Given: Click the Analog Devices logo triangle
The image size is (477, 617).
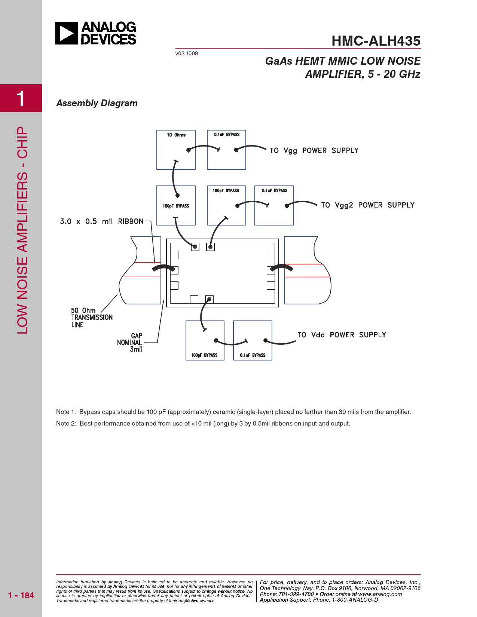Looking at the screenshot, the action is (66, 33).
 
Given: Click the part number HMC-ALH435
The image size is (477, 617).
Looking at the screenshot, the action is (376, 41).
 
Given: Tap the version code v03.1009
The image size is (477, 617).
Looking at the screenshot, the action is (186, 53).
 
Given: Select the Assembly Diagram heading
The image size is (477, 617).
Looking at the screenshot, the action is (97, 103).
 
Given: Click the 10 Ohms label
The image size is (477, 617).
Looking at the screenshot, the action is (176, 135).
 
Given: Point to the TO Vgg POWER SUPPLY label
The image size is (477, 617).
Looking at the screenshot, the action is (314, 150).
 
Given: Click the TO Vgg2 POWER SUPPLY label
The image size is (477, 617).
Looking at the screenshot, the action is (368, 205).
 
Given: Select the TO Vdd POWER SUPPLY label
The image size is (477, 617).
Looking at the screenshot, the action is (342, 335).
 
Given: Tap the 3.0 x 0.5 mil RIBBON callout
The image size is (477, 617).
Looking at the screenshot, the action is (102, 221).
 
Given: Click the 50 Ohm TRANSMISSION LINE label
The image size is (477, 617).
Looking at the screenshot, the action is (92, 317).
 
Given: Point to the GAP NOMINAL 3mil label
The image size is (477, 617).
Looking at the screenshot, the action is (130, 343).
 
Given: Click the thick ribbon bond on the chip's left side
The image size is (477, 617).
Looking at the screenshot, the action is (163, 268).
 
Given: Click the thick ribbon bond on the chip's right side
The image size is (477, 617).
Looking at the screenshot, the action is (281, 267).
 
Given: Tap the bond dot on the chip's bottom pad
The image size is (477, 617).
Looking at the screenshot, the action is (210, 299).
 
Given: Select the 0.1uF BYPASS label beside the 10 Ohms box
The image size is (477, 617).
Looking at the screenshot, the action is (227, 134).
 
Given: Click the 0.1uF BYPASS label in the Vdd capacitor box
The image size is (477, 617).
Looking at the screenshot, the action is (253, 355).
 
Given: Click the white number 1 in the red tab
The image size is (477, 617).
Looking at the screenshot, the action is (21, 98).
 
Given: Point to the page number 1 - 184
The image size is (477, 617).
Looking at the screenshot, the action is (21, 595).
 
